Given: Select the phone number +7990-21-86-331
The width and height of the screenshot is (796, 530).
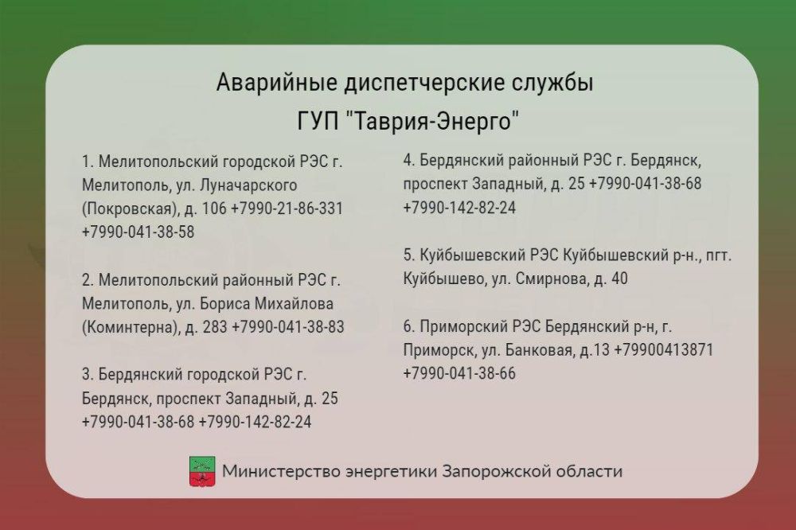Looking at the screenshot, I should [x=287, y=208].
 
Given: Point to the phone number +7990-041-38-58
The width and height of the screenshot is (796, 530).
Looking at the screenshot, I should [x=138, y=232].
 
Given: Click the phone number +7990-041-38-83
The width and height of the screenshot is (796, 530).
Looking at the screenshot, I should [x=288, y=326].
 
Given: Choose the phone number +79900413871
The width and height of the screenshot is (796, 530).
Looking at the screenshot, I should [x=664, y=350].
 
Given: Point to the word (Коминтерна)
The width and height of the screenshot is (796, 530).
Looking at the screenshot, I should [x=130, y=326].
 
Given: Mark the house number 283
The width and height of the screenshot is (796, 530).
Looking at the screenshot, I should [x=215, y=326].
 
